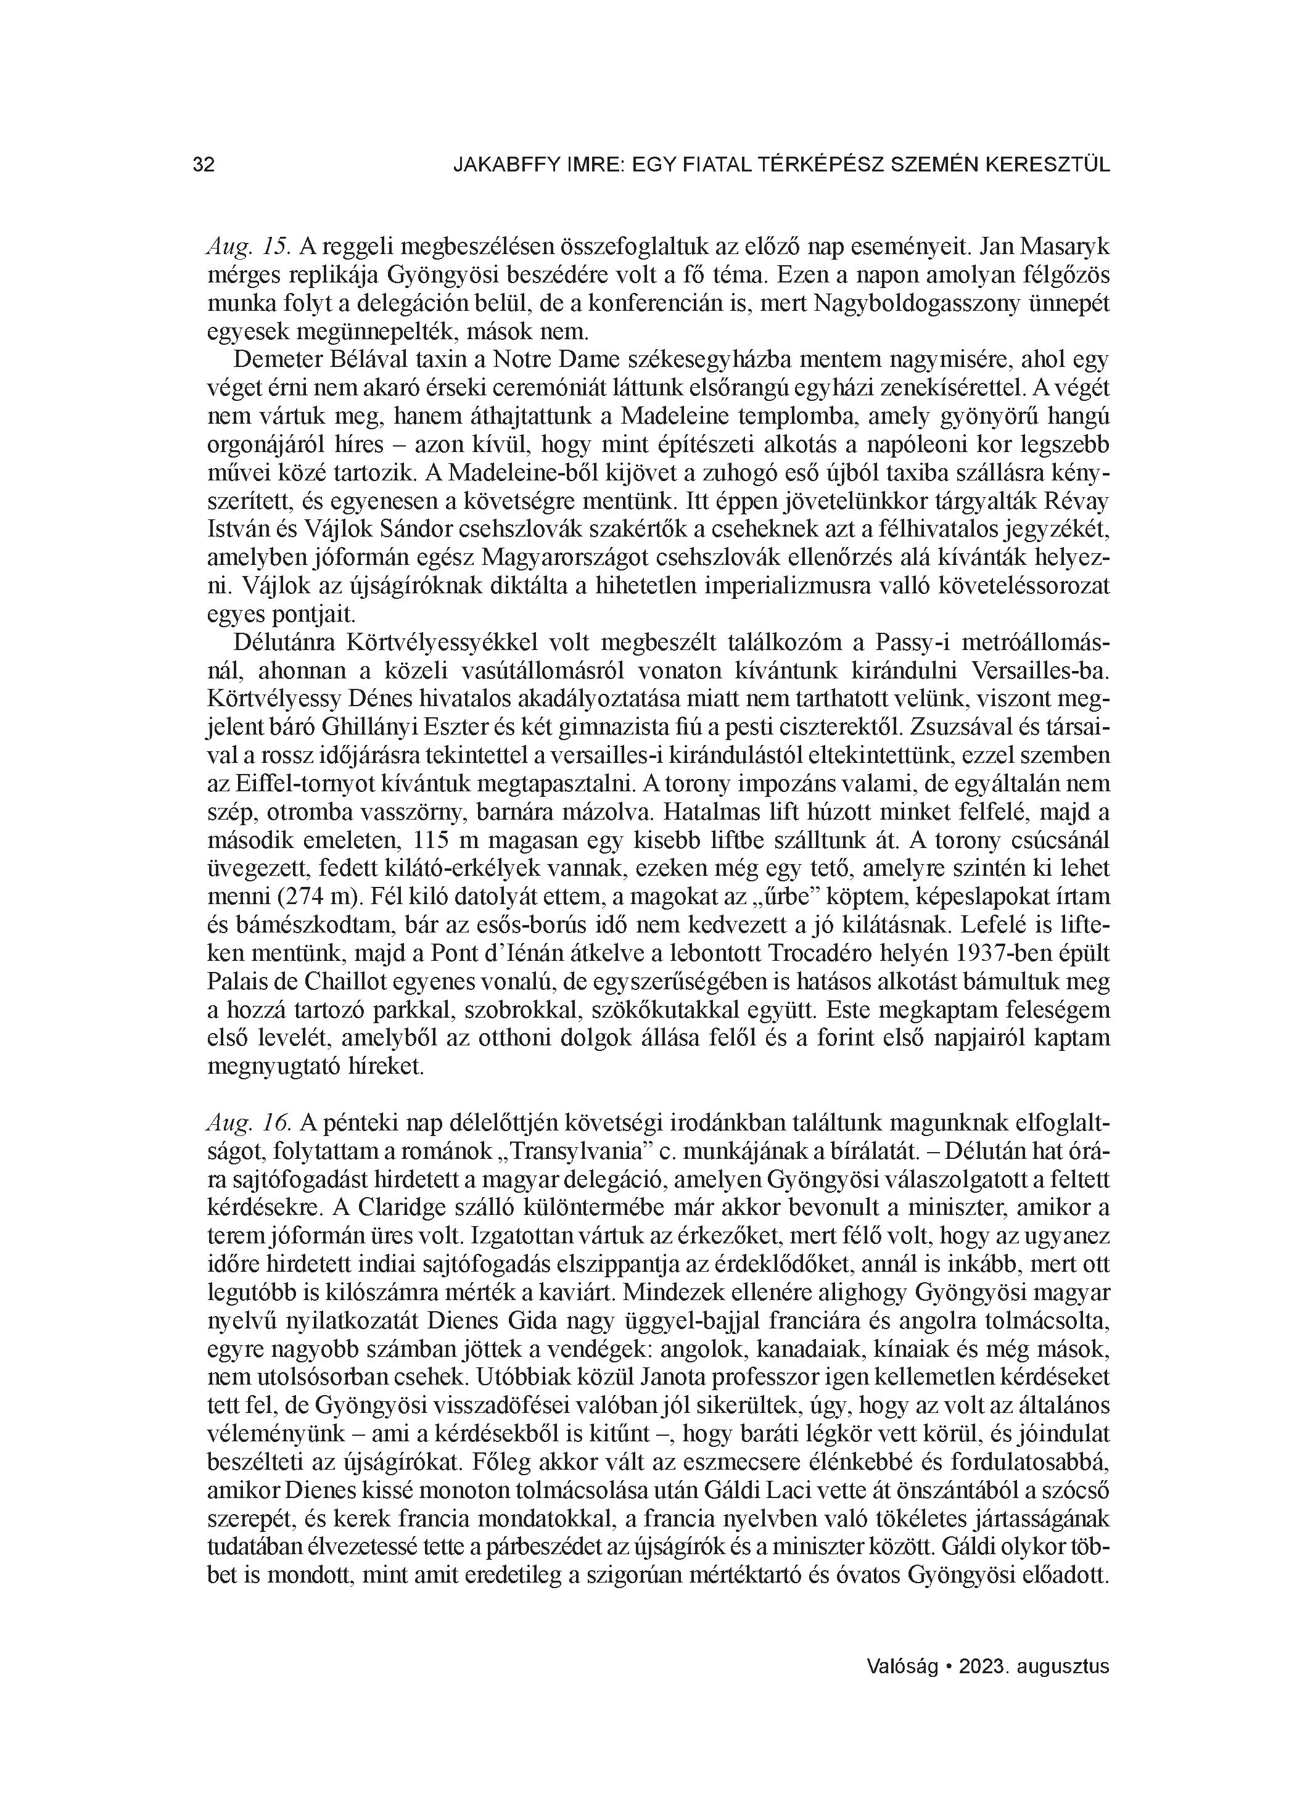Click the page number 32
pos(204,165)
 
